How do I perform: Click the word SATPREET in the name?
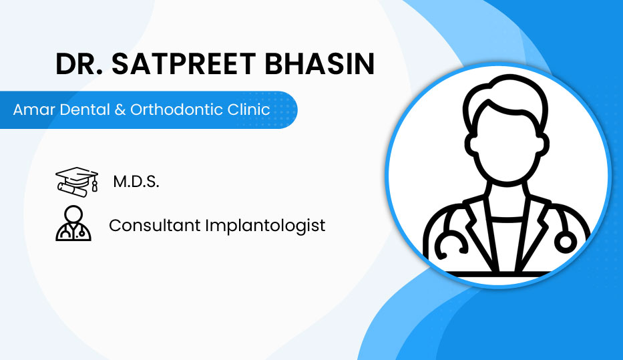184,63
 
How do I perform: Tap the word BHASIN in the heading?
319,63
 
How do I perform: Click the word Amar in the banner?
33,110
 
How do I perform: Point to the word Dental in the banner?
85,110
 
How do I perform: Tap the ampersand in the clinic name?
120,110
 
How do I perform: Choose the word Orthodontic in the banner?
176,110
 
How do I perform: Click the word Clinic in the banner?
248,110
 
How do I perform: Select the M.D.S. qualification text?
136,182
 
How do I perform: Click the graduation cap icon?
77,182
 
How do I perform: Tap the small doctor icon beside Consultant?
73,223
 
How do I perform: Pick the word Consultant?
154,225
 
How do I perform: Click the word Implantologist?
265,226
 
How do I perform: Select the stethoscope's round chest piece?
565,242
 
